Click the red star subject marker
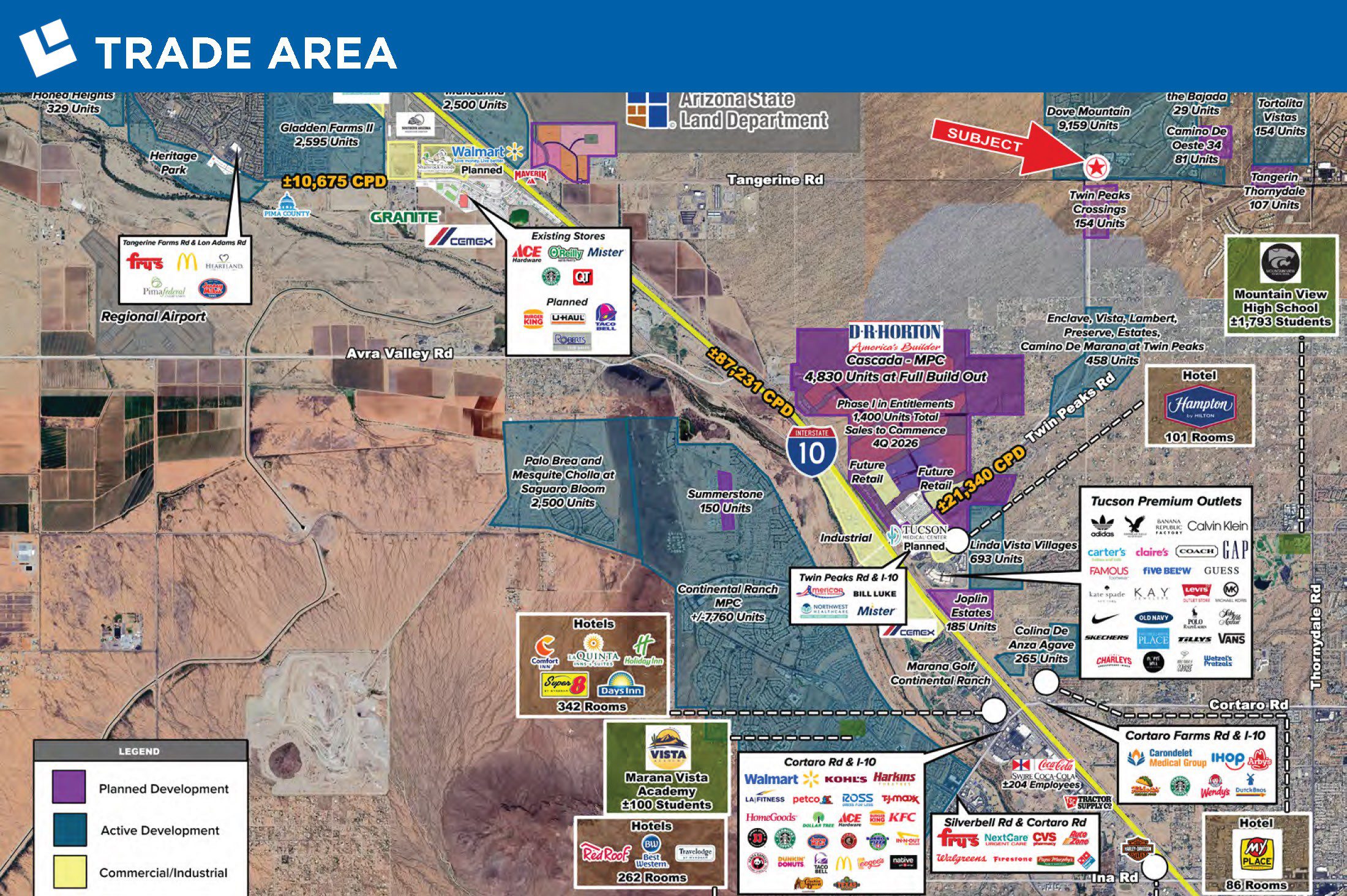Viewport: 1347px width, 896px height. click(1095, 166)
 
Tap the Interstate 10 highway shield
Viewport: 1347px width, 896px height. click(811, 452)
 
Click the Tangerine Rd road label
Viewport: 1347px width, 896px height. click(775, 180)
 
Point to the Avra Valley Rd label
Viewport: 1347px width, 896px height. click(399, 354)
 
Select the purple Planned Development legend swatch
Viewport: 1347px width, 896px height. click(69, 787)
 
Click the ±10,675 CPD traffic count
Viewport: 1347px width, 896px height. click(334, 182)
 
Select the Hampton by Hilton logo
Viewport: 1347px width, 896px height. click(1199, 405)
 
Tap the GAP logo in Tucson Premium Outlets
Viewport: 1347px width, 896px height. click(1235, 550)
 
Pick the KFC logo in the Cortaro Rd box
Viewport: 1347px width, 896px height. click(902, 817)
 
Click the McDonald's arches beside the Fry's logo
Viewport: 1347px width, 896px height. click(187, 262)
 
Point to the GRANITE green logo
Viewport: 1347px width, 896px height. click(405, 217)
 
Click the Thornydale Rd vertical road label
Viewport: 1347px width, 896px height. click(1316, 637)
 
